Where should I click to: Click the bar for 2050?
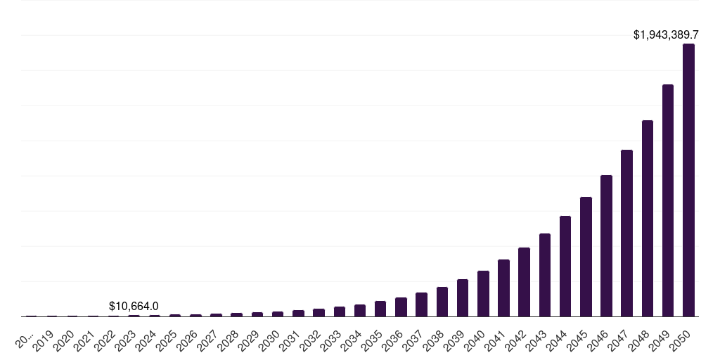click(688, 180)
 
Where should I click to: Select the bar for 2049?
click(668, 200)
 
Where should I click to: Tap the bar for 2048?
click(648, 219)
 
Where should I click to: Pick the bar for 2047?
click(626, 233)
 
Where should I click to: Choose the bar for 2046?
click(606, 246)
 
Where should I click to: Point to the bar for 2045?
click(586, 257)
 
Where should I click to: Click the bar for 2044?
click(565, 266)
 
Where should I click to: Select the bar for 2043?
click(545, 275)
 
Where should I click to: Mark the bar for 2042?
click(524, 282)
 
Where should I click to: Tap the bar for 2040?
click(483, 294)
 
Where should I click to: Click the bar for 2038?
click(442, 302)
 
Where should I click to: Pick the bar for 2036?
click(401, 307)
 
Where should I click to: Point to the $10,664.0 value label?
click(134, 306)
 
